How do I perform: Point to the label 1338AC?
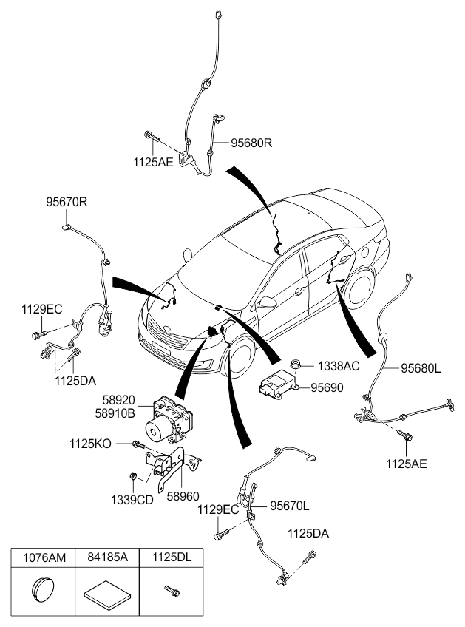point(339,366)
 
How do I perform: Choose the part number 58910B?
point(115,414)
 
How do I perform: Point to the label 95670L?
point(289,506)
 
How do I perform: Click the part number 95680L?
point(421,367)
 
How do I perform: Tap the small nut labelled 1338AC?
point(297,364)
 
